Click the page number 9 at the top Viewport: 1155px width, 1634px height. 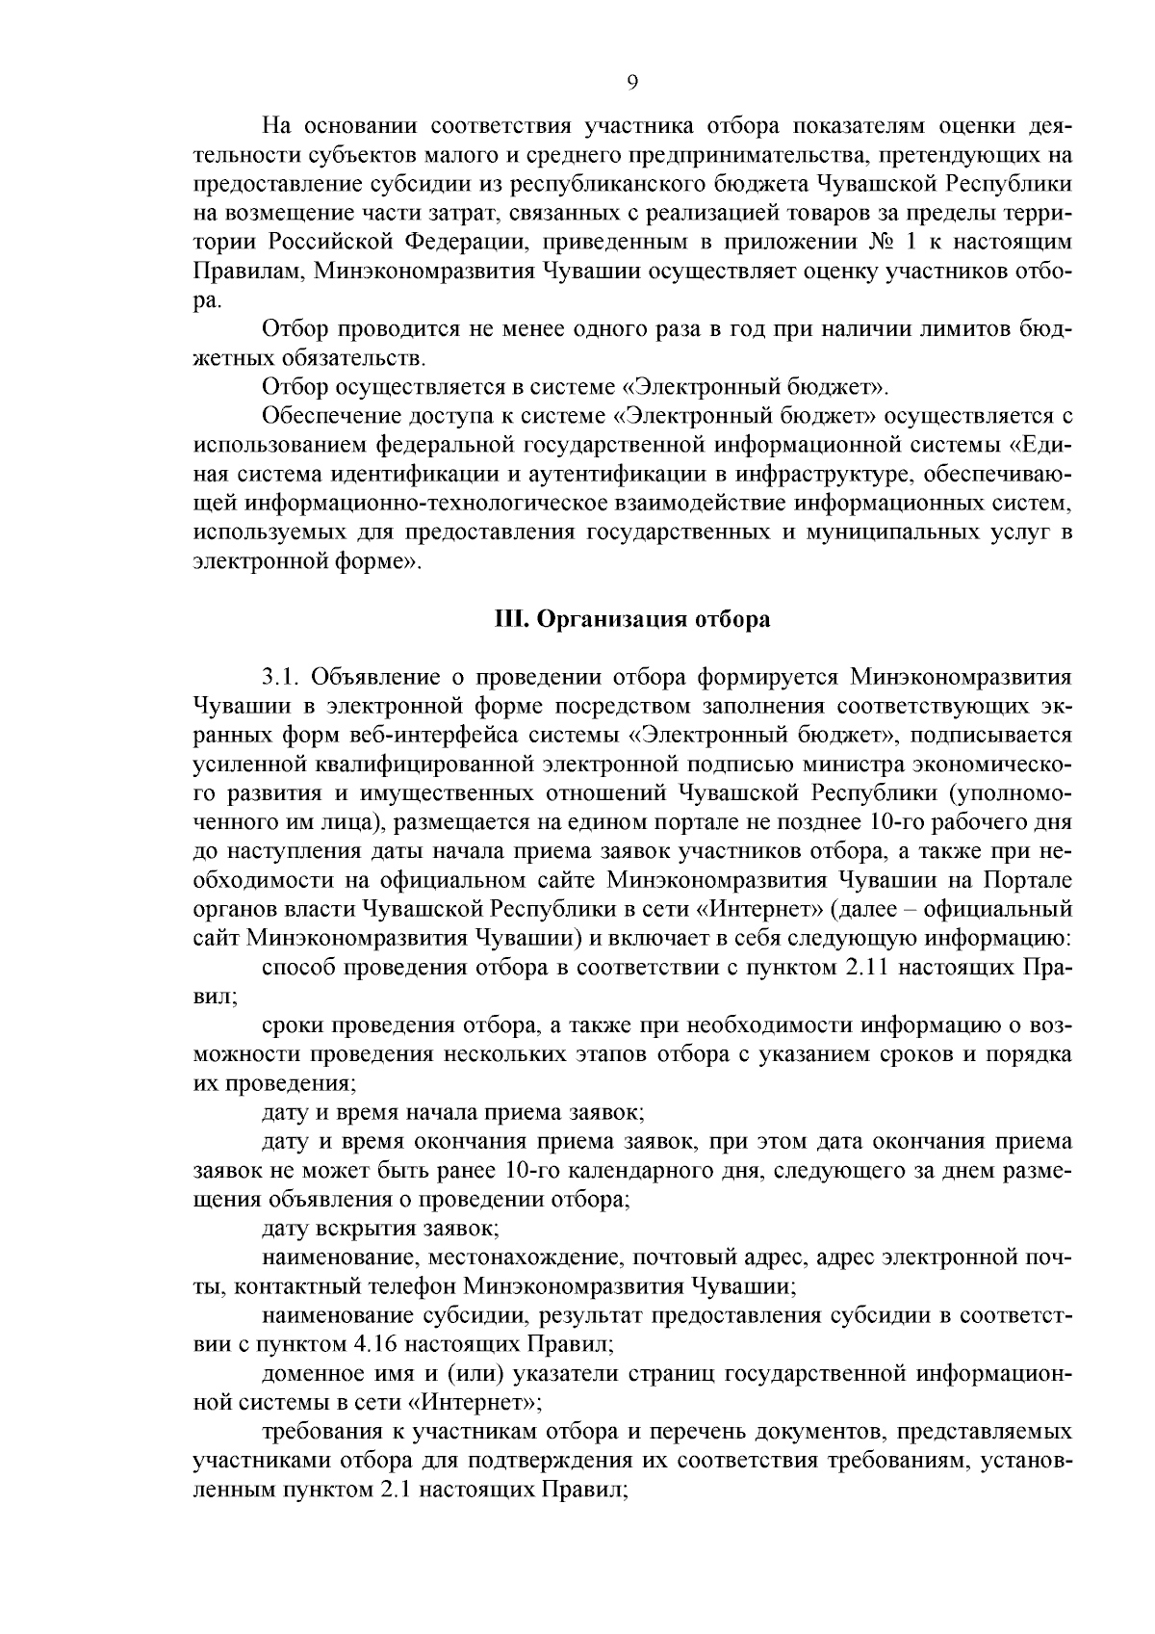pyautogui.click(x=631, y=83)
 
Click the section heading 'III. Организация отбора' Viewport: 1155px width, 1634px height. pyautogui.click(x=631, y=619)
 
